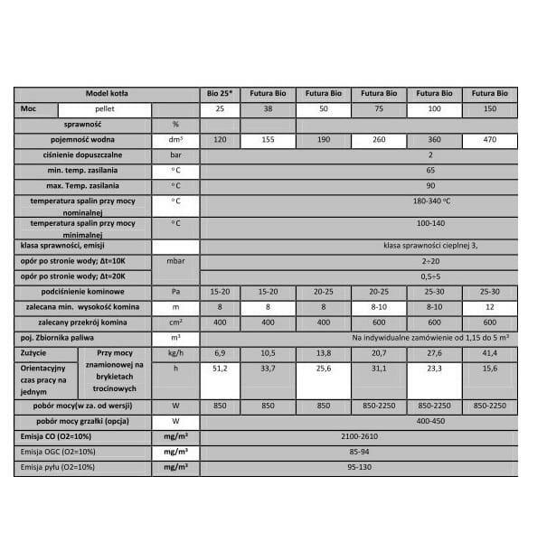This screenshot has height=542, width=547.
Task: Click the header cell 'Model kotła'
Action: coord(108,93)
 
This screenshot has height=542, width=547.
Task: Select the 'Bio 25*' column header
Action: coord(219,93)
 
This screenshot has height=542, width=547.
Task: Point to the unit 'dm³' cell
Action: coord(175,141)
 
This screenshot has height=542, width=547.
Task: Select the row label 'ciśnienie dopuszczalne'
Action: coord(82,155)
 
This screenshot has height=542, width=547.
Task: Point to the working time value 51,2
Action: coord(219,369)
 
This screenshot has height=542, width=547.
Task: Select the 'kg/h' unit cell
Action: coord(175,351)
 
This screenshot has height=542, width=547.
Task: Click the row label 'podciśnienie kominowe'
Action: coord(82,292)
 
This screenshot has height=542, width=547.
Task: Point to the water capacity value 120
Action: coord(219,141)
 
